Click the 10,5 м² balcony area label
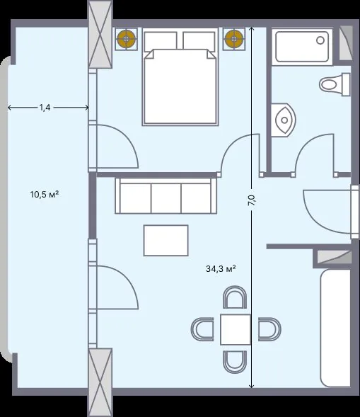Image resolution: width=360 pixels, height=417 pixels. pos(45,195)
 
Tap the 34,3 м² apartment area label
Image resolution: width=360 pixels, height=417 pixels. pos(221,268)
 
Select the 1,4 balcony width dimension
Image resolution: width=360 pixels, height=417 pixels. pos(45,108)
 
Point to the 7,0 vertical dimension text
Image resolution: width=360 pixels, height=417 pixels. pos(252,200)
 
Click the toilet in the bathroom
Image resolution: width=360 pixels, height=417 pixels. pos(335,84)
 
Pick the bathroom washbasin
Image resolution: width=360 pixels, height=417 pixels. pos(283,120)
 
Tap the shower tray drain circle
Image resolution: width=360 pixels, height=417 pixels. pos(320,40)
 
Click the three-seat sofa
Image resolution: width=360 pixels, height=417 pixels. pos(166,195)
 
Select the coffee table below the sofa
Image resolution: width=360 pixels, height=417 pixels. pos(166,241)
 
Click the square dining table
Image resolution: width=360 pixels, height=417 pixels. pos(236,329)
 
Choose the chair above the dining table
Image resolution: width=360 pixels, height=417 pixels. pos(235,297)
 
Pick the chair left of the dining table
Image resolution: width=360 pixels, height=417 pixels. pos(202,329)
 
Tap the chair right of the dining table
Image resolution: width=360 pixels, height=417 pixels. pos(269,329)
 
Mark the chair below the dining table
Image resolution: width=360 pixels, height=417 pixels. pos(235,362)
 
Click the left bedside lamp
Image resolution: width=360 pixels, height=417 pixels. pos(126,39)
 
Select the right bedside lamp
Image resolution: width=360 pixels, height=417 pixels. pos(234,39)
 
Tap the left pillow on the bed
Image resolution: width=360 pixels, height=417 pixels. pos(161,40)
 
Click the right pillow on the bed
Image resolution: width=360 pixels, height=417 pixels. pos(199,40)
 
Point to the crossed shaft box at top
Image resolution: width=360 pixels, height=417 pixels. pos(100,34)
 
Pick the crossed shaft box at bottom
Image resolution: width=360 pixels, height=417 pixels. pos(100,382)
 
